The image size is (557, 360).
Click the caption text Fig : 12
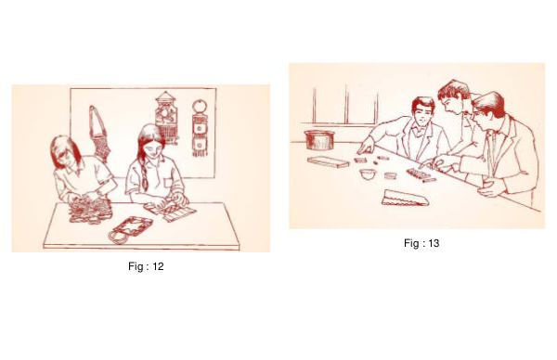[x=146, y=266]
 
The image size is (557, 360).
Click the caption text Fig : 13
[x=421, y=243]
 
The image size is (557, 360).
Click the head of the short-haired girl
[x=66, y=152]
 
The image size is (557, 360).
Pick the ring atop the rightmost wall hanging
[x=200, y=106]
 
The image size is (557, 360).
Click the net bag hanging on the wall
[x=100, y=134]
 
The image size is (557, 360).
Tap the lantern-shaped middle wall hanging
[x=166, y=118]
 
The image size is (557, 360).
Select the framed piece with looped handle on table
[x=130, y=229]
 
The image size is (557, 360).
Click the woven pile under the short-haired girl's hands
[x=90, y=210]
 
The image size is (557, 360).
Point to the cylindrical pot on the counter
[x=319, y=140]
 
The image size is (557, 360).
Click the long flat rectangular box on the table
[x=329, y=161]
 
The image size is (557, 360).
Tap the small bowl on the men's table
[x=368, y=174]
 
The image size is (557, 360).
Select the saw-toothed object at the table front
[x=406, y=198]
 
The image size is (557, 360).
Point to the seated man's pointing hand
[x=365, y=147]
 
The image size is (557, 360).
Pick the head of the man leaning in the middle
[x=453, y=96]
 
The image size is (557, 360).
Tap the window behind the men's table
[x=345, y=106]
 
